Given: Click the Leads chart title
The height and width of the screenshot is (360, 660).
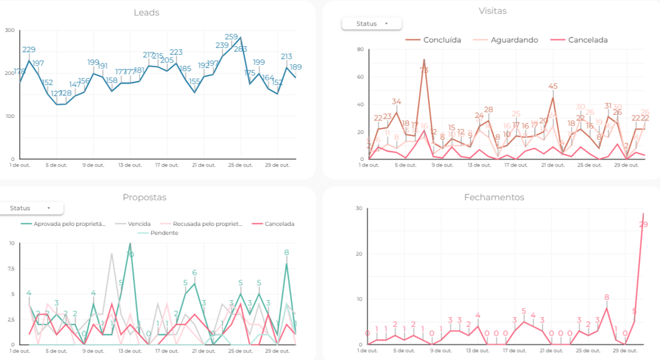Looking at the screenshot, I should point(147,12).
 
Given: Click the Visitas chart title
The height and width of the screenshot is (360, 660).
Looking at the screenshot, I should point(492,11).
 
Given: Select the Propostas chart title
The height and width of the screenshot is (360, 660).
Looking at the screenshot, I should point(144,197).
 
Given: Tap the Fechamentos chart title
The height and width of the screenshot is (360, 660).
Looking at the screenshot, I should point(494,197).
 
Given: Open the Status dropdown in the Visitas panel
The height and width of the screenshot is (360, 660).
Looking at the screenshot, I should point(372,24).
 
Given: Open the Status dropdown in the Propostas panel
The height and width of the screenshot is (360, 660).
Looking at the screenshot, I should point(30,208).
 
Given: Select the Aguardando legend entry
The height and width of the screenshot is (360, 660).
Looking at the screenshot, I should point(514,40).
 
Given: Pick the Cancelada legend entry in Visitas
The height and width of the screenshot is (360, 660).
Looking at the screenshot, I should point(587,40).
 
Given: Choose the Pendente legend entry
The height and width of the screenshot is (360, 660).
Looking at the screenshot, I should point(163,233).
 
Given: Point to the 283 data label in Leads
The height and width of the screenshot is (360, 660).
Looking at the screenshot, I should point(241,49).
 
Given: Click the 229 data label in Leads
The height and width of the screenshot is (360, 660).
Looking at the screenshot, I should point(29,49).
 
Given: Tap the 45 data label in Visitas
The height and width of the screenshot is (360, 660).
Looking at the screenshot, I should point(553,86).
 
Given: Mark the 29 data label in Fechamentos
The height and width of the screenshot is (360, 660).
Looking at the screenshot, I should point(644,225).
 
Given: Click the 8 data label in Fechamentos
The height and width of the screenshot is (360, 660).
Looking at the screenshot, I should point(606,297).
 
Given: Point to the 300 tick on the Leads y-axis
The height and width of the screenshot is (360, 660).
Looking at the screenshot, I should point(9,30).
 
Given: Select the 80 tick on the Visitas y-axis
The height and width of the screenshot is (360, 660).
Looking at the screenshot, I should point(360,49).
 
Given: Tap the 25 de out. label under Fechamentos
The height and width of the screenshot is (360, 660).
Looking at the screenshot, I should point(588,351).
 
